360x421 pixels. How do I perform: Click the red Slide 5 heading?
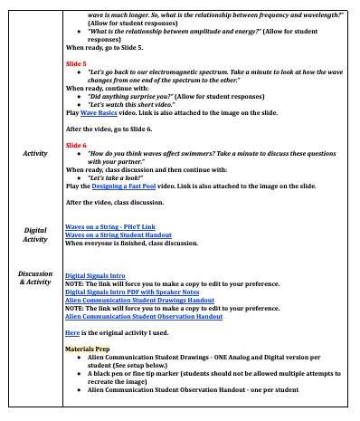pyautogui.click(x=77, y=65)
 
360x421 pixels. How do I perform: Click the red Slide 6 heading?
pyautogui.click(x=77, y=145)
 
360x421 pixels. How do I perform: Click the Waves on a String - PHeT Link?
pyautogui.click(x=111, y=226)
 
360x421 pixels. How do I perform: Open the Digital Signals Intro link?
pyautogui.click(x=95, y=274)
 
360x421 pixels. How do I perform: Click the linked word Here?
pyautogui.click(x=73, y=335)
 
